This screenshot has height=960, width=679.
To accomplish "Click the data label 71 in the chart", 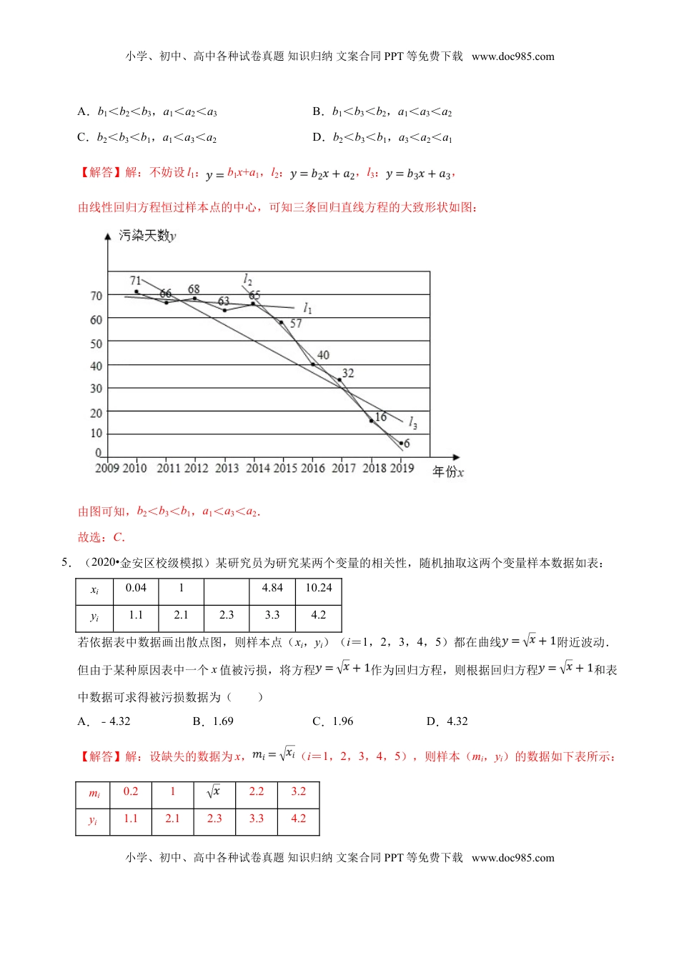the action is (x=135, y=281).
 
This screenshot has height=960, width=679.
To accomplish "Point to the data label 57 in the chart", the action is (x=296, y=324).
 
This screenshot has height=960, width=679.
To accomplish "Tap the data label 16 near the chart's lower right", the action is (x=380, y=417).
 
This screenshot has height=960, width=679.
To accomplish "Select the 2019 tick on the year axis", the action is (x=402, y=468).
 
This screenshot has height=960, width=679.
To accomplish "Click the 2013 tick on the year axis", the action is (x=227, y=468).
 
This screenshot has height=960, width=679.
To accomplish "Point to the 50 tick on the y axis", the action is (x=96, y=344).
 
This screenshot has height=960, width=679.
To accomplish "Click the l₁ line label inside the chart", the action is (x=307, y=308).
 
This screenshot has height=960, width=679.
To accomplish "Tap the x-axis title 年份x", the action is (x=448, y=472).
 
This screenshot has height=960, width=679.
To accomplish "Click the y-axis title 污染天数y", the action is (x=147, y=236).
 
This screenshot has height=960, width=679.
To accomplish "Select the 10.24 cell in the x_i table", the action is (x=319, y=588).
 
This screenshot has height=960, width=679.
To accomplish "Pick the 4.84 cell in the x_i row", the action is (x=272, y=588).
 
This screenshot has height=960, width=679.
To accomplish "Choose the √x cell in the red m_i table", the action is (x=214, y=791).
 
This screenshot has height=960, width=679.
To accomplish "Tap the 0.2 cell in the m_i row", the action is (x=131, y=791).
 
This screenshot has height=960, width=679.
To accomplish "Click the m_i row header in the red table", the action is (x=94, y=793).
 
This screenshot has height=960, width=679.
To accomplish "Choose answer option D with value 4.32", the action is (x=447, y=721).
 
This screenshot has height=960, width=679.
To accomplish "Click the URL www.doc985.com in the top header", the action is (x=512, y=56).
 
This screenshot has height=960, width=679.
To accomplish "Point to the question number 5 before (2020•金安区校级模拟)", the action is (x=66, y=563).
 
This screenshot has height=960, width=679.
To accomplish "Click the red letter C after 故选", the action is (x=118, y=537).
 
